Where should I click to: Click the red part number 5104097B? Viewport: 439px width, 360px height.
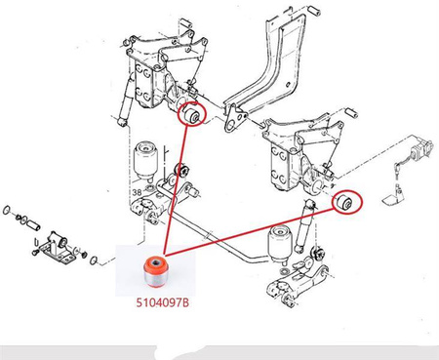click(162, 302)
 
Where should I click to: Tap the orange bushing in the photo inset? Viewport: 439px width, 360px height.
click(155, 272)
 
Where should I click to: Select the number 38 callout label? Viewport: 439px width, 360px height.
click(137, 192)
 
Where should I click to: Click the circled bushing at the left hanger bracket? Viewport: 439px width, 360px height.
click(192, 114)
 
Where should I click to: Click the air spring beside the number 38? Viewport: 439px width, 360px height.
click(146, 159)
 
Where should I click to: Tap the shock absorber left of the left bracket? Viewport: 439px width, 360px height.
click(126, 100)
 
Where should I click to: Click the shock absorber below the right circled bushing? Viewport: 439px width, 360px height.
click(304, 226)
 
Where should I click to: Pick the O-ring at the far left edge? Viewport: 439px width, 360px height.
click(6, 210)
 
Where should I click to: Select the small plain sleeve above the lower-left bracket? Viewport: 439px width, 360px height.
click(33, 224)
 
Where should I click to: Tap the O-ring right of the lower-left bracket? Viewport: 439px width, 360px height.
click(94, 260)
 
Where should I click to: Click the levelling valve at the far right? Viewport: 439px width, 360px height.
click(421, 149)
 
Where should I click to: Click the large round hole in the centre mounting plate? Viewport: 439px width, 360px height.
click(230, 126)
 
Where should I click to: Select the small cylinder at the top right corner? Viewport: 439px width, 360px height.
click(314, 10)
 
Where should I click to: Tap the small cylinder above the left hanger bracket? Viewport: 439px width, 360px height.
click(186, 24)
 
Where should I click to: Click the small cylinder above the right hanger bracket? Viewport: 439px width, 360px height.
click(351, 112)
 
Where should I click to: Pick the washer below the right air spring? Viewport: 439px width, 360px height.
click(283, 271)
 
